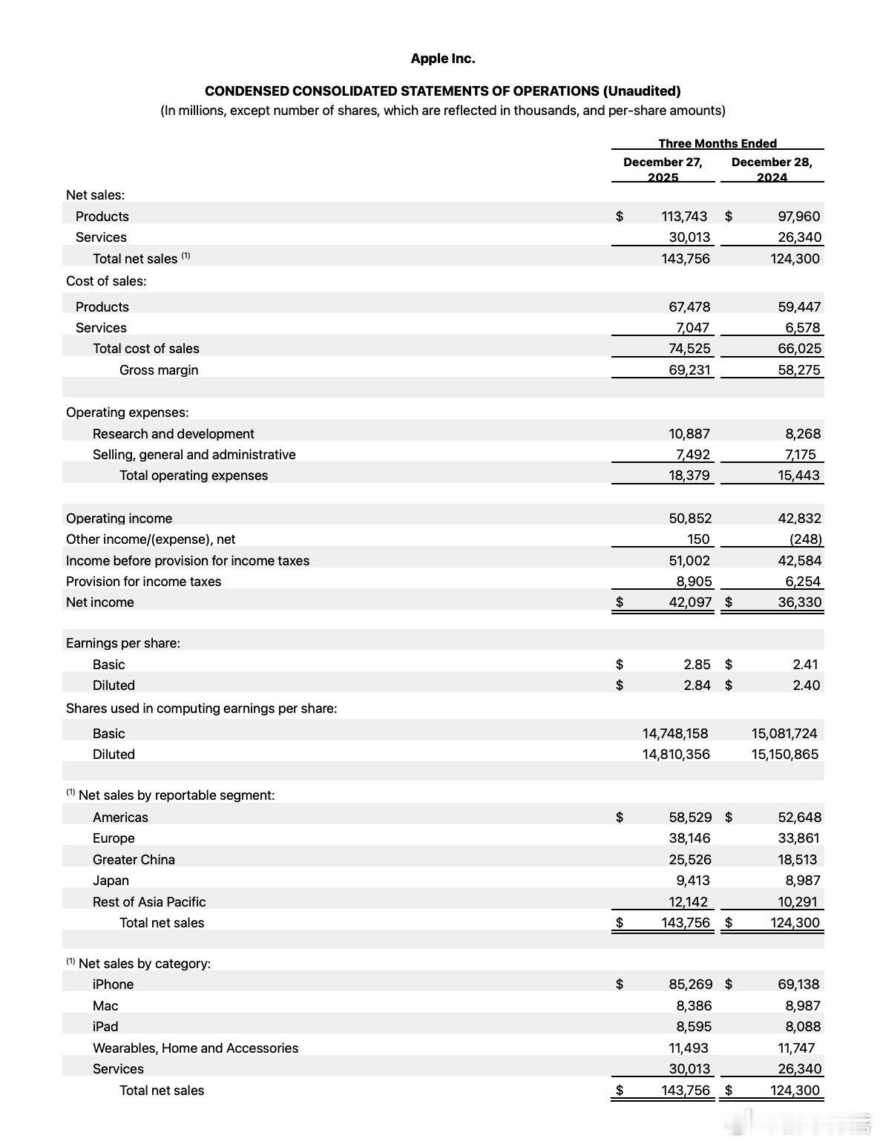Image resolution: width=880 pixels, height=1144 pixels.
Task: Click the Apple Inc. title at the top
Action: (x=442, y=59)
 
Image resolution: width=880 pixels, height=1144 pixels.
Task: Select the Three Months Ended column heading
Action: (x=717, y=143)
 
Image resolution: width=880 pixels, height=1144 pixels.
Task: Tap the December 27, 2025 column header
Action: (x=663, y=169)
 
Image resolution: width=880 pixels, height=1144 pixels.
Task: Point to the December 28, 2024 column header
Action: (x=771, y=169)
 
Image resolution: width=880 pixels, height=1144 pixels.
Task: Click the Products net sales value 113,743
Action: (x=684, y=217)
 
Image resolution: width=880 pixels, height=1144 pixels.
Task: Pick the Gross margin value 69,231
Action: (x=689, y=370)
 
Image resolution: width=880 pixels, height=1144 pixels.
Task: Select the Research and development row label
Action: (x=173, y=434)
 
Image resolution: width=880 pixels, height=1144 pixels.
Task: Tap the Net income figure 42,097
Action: (x=689, y=602)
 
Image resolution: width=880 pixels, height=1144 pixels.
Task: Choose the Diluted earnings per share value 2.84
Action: (x=697, y=686)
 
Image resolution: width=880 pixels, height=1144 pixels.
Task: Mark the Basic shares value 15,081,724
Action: (x=784, y=734)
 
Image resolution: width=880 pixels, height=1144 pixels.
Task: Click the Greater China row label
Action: (x=134, y=860)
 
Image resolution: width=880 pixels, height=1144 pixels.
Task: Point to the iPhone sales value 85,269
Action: (x=690, y=984)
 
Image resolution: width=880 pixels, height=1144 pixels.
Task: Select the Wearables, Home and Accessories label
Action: (x=195, y=1048)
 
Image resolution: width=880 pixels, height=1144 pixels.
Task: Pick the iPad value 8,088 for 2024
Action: (x=802, y=1027)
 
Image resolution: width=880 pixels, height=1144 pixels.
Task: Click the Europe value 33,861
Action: (x=798, y=838)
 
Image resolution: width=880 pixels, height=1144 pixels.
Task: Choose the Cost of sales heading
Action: (x=106, y=281)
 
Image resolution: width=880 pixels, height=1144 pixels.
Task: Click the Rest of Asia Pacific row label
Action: (x=148, y=902)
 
